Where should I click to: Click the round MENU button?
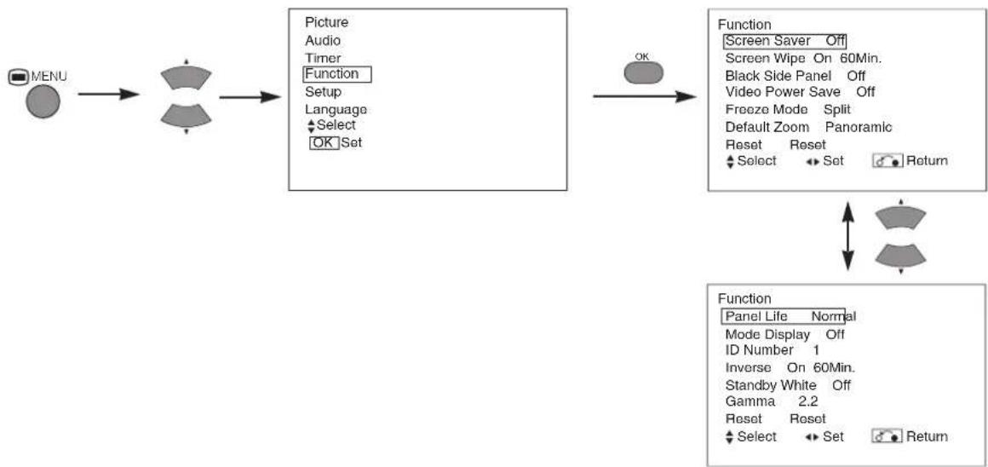point(43,101)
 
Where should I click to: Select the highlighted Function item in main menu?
point(337,74)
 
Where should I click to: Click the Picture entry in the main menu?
point(326,22)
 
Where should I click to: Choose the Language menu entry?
point(336,109)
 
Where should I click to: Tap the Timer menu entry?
point(323,57)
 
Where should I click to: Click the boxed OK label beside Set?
point(324,142)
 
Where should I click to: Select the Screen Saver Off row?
point(784,41)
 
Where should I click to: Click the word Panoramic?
point(859,127)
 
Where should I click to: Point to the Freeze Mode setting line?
point(788,109)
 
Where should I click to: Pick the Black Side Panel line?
point(796,76)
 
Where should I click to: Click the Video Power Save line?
point(801,92)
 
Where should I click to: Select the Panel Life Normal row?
point(788,316)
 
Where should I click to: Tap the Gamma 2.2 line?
point(772,401)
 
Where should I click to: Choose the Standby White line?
point(788,384)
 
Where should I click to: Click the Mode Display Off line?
point(785,334)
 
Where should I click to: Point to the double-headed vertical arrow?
point(848,236)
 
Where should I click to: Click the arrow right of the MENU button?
point(108,95)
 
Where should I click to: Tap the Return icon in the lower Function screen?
point(887,436)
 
